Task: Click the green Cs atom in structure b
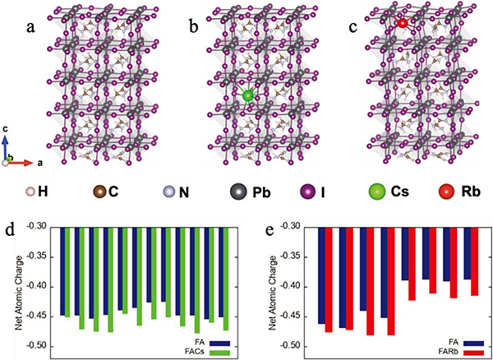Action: tap(247, 96)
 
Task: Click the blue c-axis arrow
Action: tap(8, 148)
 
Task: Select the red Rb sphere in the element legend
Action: tap(449, 194)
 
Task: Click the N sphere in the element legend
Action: tap(168, 194)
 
